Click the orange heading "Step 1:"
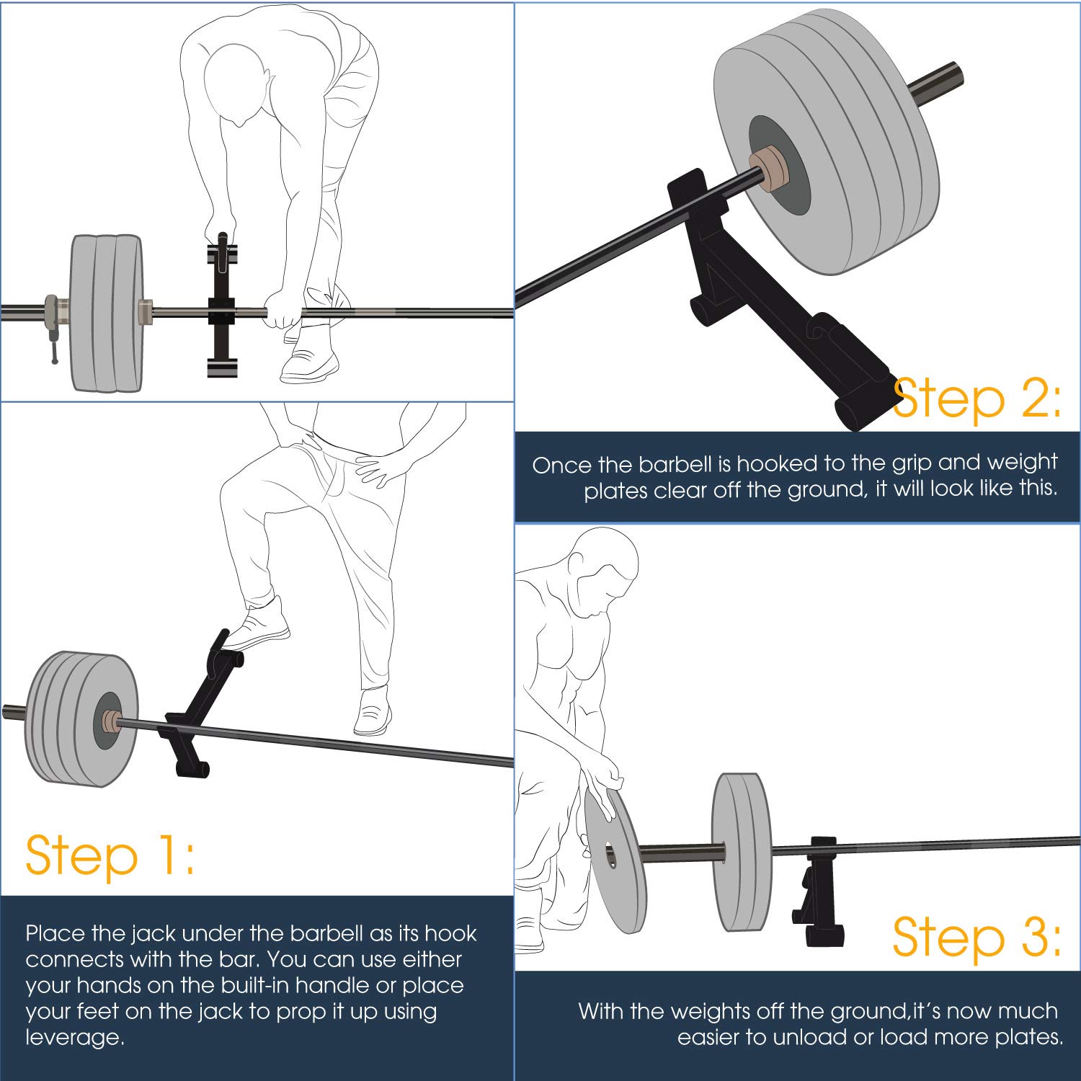coord(110,855)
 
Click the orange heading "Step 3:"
coord(977,937)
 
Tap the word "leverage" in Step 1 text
coord(71,1037)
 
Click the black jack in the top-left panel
coord(221,310)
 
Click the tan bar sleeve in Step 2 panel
coord(766,170)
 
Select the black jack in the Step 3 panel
coord(819,894)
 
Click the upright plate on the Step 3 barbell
coord(741,852)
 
